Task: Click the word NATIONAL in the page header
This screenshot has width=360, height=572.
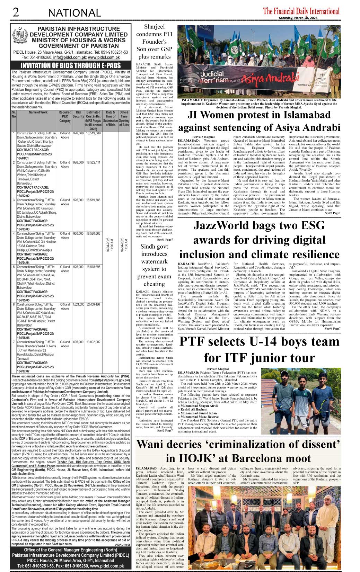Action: pyautogui.click(x=74, y=13)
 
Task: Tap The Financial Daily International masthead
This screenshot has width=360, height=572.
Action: pyautogui.click(x=301, y=11)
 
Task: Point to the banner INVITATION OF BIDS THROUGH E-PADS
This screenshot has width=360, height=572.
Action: pyautogui.click(x=70, y=65)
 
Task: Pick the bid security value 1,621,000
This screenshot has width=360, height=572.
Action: pyautogui.click(x=78, y=305)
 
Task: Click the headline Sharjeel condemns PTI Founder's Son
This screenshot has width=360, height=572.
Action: pyautogui.click(x=154, y=42)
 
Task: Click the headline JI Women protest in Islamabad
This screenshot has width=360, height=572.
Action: pyautogui.click(x=259, y=121)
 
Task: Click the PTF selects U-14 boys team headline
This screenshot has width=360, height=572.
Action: pyautogui.click(x=259, y=349)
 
